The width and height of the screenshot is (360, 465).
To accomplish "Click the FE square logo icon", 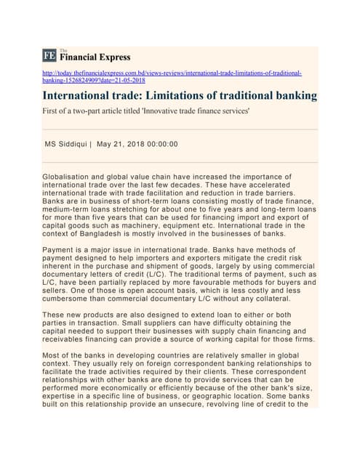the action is [x=49, y=55].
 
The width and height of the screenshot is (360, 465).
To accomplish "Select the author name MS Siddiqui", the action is [x=66, y=144].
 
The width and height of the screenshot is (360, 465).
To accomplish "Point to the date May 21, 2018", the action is [x=119, y=144].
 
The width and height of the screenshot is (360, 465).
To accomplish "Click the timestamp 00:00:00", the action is [x=162, y=144].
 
